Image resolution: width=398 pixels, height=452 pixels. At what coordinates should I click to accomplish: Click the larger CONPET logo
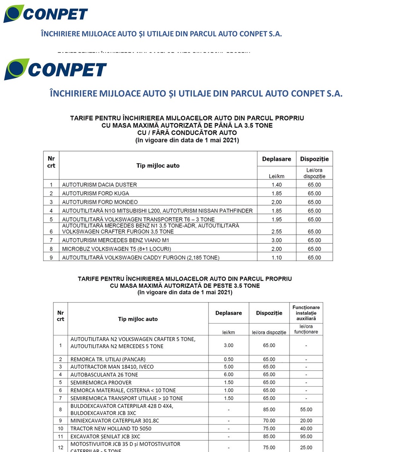[55, 70]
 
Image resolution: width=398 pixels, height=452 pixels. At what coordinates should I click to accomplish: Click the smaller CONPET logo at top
[46, 14]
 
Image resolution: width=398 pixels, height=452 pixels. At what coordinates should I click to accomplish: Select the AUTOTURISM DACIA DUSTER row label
[99, 185]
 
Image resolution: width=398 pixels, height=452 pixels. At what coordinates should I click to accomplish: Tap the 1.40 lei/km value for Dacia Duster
[276, 185]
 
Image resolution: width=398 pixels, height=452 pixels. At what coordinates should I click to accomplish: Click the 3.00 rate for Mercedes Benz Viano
[276, 240]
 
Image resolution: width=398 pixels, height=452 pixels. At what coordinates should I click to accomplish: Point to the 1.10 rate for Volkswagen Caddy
[276, 258]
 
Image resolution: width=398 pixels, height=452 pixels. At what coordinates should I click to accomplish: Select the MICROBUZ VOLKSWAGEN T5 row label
[116, 249]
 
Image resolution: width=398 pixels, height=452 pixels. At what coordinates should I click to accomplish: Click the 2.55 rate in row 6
[276, 231]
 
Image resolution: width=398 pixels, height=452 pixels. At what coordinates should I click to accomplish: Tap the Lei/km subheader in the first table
[276, 176]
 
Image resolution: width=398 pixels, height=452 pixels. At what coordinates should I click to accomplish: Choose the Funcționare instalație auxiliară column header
[306, 313]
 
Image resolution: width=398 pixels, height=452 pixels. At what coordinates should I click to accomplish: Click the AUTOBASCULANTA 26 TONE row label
[104, 375]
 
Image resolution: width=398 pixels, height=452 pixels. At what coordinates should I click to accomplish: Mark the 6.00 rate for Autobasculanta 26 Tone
[228, 375]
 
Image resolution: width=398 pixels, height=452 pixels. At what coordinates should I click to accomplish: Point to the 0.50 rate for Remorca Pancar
[228, 359]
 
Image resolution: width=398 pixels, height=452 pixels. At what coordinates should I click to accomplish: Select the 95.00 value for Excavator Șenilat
[306, 437]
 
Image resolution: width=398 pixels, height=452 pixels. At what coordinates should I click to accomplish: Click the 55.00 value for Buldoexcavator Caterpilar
[306, 409]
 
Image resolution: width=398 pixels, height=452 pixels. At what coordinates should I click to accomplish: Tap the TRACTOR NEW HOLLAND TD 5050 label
[111, 429]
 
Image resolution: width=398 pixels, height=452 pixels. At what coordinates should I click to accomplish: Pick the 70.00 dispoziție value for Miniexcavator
[269, 421]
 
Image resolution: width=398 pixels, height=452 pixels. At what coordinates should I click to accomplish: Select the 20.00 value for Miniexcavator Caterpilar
[306, 421]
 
